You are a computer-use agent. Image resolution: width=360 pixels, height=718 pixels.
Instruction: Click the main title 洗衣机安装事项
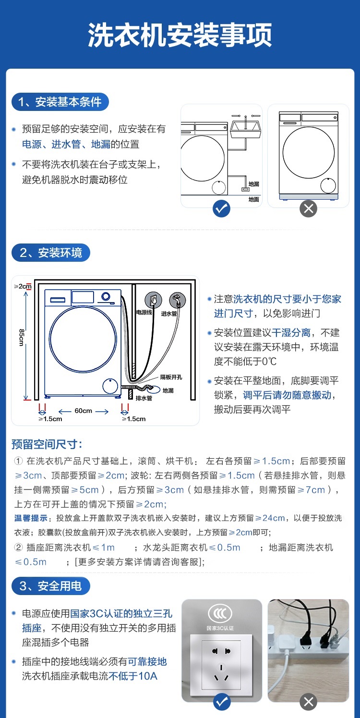[x=180, y=35]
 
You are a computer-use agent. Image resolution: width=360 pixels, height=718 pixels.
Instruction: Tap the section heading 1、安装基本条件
[x=60, y=102]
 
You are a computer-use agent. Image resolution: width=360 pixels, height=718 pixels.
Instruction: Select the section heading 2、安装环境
[x=51, y=253]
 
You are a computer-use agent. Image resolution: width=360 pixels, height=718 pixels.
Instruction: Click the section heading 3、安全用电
[x=51, y=586]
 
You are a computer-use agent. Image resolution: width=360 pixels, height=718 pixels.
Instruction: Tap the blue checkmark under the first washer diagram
[x=221, y=208]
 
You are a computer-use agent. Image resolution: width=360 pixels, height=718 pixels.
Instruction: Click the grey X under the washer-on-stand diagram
[x=308, y=208]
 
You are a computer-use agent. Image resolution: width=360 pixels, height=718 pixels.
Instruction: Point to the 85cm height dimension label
[x=22, y=337]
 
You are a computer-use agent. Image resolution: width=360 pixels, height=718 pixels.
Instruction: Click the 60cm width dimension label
[x=83, y=411]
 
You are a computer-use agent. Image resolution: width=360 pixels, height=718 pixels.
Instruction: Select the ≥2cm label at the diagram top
[x=22, y=286]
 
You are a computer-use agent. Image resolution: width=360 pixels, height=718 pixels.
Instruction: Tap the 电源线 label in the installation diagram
[x=144, y=313]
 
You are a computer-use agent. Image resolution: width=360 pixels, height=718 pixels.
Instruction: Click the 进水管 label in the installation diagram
[x=169, y=314]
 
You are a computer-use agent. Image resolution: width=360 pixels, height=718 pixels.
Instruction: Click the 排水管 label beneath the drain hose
[x=144, y=398]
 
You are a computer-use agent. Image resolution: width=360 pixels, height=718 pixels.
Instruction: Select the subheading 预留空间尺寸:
[x=47, y=444]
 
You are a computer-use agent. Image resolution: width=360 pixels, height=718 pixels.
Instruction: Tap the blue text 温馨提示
[x=31, y=518]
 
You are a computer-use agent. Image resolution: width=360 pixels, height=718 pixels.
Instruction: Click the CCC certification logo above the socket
[x=220, y=613]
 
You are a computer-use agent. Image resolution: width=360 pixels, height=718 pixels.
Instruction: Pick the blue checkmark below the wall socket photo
[x=221, y=702]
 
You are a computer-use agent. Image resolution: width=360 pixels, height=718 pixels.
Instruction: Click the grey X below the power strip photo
[x=308, y=702]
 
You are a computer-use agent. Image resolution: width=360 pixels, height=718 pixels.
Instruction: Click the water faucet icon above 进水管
[x=177, y=300]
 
